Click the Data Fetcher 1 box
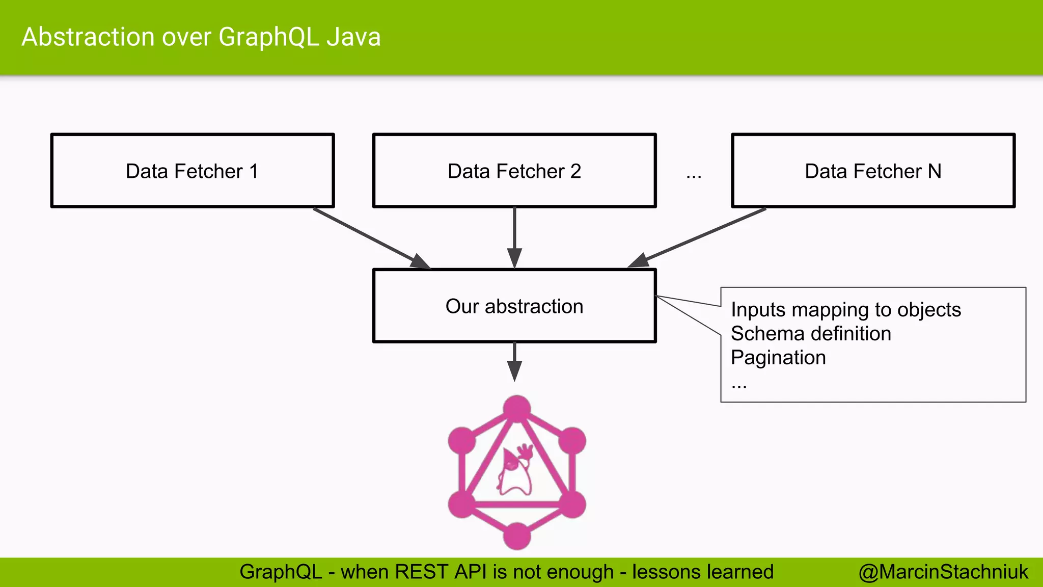coord(193,171)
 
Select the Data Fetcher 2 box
coord(514,171)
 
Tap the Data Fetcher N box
coord(873,171)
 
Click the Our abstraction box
coord(514,306)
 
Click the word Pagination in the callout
coord(778,358)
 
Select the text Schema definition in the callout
coord(811,334)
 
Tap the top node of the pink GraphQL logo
coord(517,409)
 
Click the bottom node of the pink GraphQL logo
coord(517,536)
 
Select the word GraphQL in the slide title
coord(268,37)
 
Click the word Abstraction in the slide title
coord(88,37)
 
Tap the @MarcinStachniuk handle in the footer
coord(943,572)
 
